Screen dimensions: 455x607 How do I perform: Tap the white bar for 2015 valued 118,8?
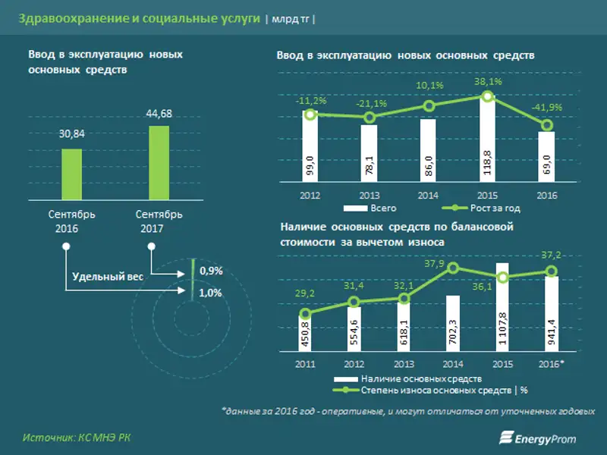coord(488,141)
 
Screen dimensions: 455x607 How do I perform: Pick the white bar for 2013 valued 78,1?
coord(369,154)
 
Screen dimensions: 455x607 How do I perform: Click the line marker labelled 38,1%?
coord(488,96)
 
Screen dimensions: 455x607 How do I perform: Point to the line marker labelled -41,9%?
coord(547,126)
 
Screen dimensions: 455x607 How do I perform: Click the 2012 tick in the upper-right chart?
coord(310,195)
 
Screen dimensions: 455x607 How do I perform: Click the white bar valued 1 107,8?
coord(502,308)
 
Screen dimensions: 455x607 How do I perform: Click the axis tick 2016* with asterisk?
coord(551,365)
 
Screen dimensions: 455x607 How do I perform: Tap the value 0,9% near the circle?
coord(211,271)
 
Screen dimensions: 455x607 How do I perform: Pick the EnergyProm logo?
coord(541,438)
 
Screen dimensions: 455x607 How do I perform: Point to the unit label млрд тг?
coord(291,20)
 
